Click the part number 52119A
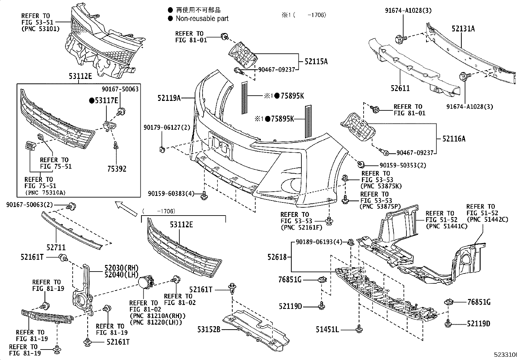pyautogui.click(x=169, y=98)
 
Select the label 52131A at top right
pyautogui.click(x=463, y=29)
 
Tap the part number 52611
pyautogui.click(x=400, y=88)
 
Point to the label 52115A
pyautogui.click(x=316, y=61)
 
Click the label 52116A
pyautogui.click(x=454, y=139)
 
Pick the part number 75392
pyautogui.click(x=117, y=169)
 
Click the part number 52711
pyautogui.click(x=56, y=248)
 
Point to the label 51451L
pyautogui.click(x=327, y=329)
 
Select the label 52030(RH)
pyautogui.click(x=117, y=267)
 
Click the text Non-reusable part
pyautogui.click(x=202, y=19)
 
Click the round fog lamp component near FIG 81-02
pyautogui.click(x=146, y=282)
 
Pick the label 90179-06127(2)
pyautogui.click(x=167, y=127)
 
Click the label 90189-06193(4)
pyautogui.click(x=319, y=242)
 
